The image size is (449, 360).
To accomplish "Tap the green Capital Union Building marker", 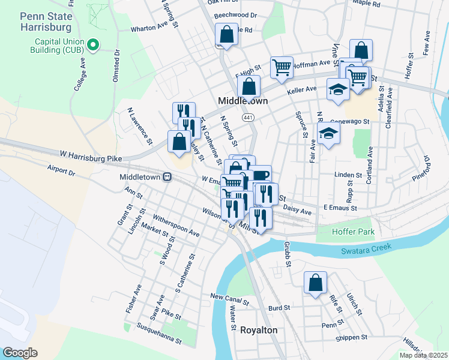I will point(93,44).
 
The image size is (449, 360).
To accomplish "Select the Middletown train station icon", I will point(168,177).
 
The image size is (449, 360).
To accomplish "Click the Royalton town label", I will point(259,331).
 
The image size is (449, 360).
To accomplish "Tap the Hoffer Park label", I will point(354,232).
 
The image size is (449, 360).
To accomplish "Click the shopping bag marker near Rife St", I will point(315,283).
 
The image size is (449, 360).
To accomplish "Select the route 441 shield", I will point(247,118).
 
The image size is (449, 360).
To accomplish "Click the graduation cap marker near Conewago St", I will point(328,133).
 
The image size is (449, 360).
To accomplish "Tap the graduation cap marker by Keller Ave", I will point(338,89).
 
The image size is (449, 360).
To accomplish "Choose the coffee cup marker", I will point(261,175).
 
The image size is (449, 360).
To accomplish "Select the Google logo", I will point(20,353).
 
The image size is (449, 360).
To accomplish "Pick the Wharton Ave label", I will point(149,27).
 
